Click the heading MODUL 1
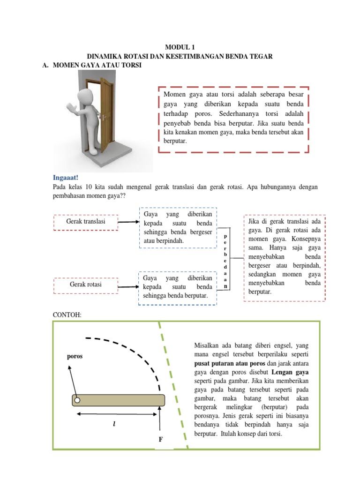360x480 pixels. [180, 47]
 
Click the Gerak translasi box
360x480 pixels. [86, 222]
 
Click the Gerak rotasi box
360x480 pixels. [86, 285]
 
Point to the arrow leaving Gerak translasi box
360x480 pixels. [128, 222]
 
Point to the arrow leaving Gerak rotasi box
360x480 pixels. [127, 286]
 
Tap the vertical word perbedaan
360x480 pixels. [225, 260]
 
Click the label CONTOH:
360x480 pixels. [68, 315]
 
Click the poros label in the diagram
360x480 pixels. [75, 356]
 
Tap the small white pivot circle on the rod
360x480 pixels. [78, 400]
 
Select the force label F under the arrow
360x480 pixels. [160, 440]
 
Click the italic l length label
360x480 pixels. [114, 423]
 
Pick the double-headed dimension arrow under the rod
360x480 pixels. [117, 414]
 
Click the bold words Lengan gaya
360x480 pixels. [292, 372]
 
